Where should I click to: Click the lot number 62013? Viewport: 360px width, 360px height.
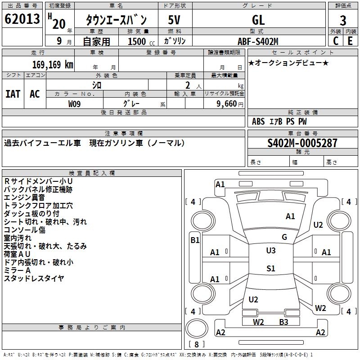pyautogui.click(x=22, y=19)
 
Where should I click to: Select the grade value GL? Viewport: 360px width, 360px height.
pyautogui.click(x=258, y=20)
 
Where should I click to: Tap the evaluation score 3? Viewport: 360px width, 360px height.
pyautogui.click(x=343, y=20)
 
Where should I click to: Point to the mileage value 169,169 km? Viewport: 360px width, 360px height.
pyautogui.click(x=52, y=64)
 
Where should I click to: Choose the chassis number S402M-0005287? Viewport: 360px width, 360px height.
pyautogui.click(x=302, y=144)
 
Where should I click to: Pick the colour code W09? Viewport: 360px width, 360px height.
pyautogui.click(x=75, y=103)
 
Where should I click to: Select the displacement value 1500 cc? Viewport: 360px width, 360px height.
pyautogui.click(x=140, y=42)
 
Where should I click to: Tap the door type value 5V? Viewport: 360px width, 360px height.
pyautogui.click(x=175, y=20)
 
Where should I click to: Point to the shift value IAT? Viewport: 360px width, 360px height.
pyautogui.click(x=13, y=94)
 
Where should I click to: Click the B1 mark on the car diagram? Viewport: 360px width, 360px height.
pyautogui.click(x=194, y=240)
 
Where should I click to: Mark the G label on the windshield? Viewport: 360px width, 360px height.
pyautogui.click(x=284, y=237)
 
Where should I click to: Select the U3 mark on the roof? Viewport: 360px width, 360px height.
pyautogui.click(x=270, y=251)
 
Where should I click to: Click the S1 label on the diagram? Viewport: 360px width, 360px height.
pyautogui.click(x=270, y=269)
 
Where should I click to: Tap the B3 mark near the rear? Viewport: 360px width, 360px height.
pyautogui.click(x=283, y=322)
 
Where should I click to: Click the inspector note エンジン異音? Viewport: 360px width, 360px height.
pyautogui.click(x=24, y=198)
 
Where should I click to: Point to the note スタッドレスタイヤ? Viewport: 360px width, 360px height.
pyautogui.click(x=34, y=279)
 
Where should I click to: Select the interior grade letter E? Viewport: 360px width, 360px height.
pyautogui.click(x=350, y=41)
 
